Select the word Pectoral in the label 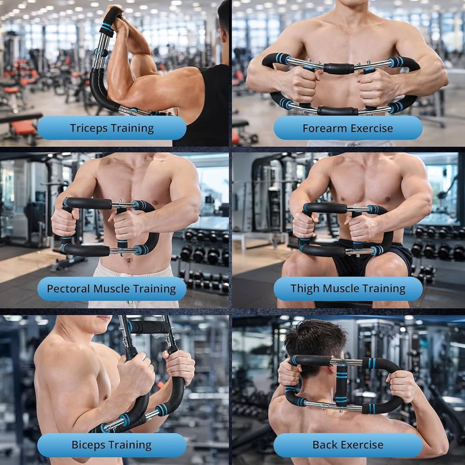click(68, 289)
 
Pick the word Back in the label click(324, 445)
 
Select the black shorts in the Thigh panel click(353, 265)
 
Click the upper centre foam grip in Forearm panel click(338, 68)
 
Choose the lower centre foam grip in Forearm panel click(338, 111)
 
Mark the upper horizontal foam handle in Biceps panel click(149, 327)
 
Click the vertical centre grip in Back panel click(342, 386)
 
